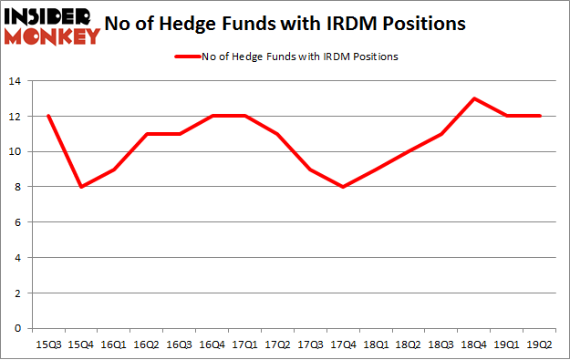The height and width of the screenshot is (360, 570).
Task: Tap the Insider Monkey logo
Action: click(51, 26)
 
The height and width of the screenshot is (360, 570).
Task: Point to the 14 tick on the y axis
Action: click(16, 82)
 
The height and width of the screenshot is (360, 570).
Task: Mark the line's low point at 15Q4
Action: click(80, 187)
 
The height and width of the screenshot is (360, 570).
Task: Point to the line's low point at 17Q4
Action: click(343, 187)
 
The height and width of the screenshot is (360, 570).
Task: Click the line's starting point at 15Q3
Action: click(47, 117)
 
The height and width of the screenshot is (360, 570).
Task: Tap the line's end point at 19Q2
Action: click(541, 117)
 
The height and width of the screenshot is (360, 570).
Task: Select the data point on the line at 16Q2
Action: click(146, 134)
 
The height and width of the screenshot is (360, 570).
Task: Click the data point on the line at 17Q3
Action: click(310, 170)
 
